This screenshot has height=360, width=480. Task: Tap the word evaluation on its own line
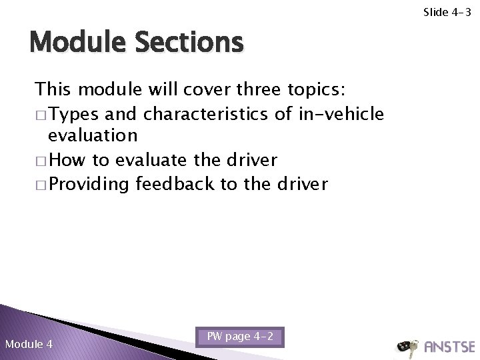point(92,136)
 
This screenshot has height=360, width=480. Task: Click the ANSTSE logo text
point(449,346)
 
